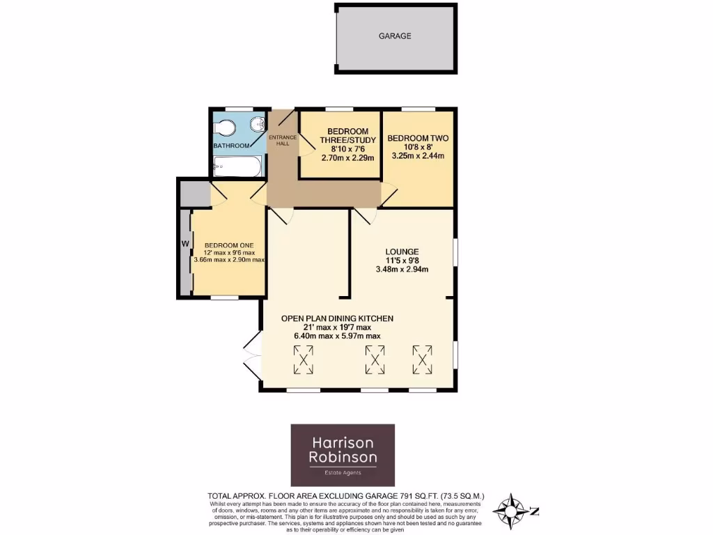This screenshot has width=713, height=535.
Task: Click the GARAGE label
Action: click(x=395, y=36)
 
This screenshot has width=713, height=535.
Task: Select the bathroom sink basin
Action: click(x=258, y=125)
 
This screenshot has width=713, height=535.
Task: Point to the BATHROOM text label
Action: click(x=231, y=146)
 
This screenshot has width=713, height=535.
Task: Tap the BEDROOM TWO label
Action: click(x=418, y=139)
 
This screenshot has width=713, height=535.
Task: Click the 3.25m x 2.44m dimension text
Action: click(x=418, y=155)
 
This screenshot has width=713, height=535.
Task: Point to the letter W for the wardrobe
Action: click(x=185, y=243)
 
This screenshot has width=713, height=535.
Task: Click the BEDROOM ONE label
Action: click(x=228, y=245)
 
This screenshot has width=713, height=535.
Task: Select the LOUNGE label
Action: click(x=402, y=251)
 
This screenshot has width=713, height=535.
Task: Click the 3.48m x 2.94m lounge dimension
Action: click(x=402, y=270)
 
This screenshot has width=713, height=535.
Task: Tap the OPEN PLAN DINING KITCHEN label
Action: click(x=337, y=318)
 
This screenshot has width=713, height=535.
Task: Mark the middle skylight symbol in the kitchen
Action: click(x=375, y=359)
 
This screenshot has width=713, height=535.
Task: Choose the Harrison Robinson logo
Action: click(x=342, y=455)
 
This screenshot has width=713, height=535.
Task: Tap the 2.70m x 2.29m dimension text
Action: click(x=347, y=158)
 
